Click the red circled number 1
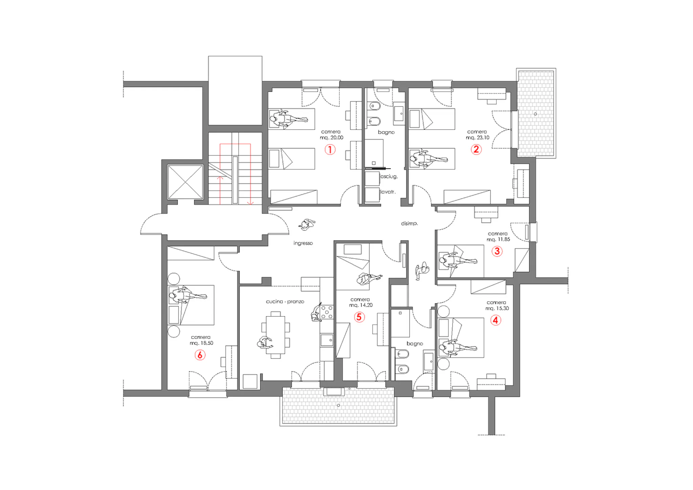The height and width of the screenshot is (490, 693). point(330,149)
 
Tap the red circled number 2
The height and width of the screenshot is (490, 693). point(476,149)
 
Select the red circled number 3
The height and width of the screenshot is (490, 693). point(497,251)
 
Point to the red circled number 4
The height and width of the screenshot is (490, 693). point(496,320)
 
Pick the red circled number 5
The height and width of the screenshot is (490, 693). point(359,317)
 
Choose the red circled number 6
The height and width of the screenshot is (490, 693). point(200,355)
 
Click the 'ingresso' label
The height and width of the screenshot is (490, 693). point(303,243)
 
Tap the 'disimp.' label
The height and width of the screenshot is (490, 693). point(409,223)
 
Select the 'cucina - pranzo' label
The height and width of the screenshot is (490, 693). point(285,301)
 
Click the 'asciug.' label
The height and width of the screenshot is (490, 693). point(389,176)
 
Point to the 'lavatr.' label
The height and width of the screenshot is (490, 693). point(388,192)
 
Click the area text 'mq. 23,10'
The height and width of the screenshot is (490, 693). point(477,138)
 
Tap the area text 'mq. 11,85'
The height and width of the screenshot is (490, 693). point(498,239)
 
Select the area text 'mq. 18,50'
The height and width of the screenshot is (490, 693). point(201,343)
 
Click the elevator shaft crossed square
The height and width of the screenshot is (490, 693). point(185,182)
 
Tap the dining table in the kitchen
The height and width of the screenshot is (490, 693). point(275,335)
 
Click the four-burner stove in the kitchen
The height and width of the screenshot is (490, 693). point(327,312)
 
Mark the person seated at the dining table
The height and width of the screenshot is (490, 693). point(265,343)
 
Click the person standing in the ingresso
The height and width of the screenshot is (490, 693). point(307,225)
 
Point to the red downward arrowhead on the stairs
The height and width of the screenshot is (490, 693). point(250,203)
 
